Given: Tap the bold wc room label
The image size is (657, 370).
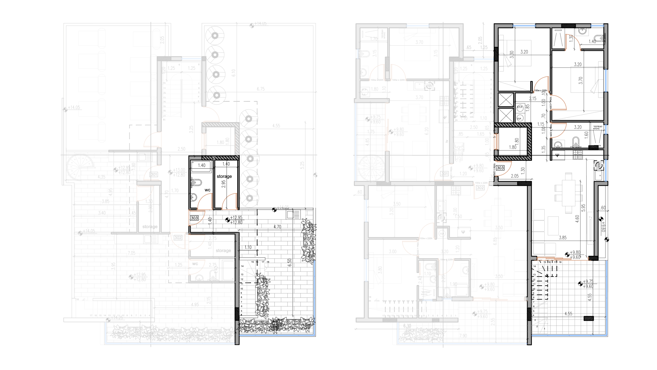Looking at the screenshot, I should click(207, 190).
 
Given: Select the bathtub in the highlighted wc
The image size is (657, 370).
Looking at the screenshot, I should click(201, 166).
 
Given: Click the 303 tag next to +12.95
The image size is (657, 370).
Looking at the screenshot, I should click(194, 218).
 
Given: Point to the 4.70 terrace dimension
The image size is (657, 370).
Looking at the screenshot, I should click(277, 227).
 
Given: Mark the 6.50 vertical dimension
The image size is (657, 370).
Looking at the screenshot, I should click(289, 263).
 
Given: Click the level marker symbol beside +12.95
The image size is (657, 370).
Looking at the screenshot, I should click(227, 220).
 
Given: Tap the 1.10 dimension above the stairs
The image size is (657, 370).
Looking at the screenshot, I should click(248, 247).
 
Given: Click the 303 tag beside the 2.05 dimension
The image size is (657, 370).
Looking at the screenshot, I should click(500, 168).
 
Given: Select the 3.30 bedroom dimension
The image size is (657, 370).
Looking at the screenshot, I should click(512, 54).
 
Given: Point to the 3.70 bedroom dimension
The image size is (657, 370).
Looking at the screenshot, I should click(581, 81).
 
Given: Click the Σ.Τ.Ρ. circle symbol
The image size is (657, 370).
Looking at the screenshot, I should click(520, 108).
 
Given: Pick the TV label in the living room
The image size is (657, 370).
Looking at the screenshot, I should click(590, 217).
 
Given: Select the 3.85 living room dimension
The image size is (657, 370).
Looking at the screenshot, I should click(563, 238).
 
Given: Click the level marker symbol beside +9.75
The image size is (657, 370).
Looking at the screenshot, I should click(580, 284).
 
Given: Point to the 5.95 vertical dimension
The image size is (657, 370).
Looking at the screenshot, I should click(583, 208).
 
